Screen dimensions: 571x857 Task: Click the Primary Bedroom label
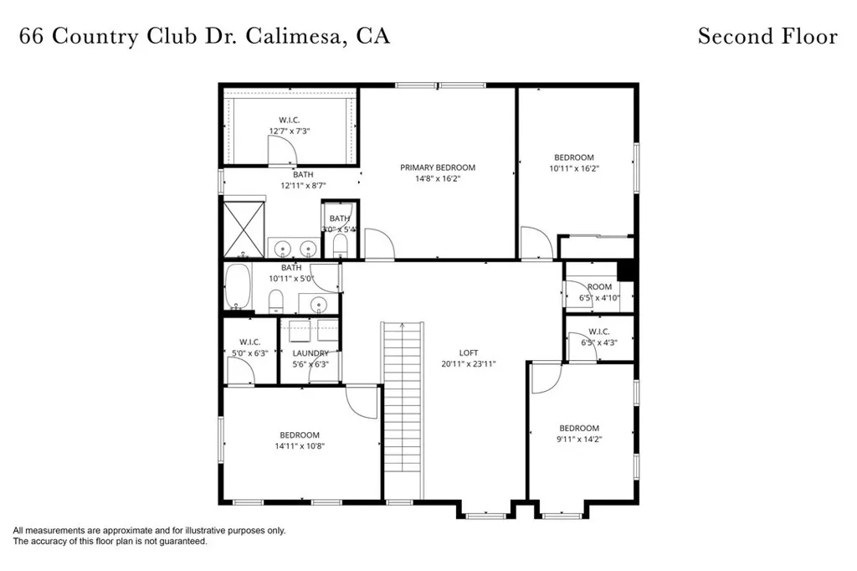coord(437,167)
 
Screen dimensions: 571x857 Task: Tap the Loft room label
coord(468,352)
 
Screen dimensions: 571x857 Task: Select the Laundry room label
coord(310,353)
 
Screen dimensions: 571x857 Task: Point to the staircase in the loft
coord(399,410)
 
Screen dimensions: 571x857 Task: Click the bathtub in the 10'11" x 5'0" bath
coord(239,287)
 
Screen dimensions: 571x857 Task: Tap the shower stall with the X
coord(242,228)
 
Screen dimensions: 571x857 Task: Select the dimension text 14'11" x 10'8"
coord(300,446)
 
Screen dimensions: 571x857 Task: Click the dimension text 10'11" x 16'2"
coord(574,168)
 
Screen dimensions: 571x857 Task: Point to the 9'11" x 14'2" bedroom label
coord(579,428)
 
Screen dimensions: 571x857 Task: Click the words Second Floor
coord(767,36)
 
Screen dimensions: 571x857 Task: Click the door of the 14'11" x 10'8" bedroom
coord(362,401)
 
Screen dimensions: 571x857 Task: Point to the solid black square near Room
coord(624,271)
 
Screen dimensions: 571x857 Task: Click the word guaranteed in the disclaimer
coord(177,542)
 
